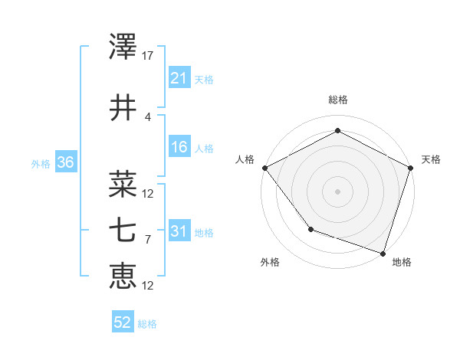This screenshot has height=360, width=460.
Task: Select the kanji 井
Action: (x=123, y=108)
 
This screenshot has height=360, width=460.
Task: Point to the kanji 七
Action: (x=123, y=231)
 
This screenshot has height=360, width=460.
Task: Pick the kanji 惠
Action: (x=123, y=277)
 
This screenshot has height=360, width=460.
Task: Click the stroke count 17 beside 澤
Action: (x=148, y=55)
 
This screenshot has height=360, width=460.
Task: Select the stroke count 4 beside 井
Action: (x=148, y=116)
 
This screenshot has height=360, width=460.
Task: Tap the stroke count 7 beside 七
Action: (x=148, y=239)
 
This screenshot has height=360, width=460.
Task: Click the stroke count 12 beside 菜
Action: (x=148, y=193)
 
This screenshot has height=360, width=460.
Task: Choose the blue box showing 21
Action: (x=179, y=78)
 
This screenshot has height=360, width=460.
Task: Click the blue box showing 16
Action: (x=179, y=147)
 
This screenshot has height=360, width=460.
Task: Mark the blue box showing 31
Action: (x=179, y=231)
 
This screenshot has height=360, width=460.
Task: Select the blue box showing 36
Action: (x=64, y=162)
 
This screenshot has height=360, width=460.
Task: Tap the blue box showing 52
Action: (x=123, y=323)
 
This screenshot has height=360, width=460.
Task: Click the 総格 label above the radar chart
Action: (x=338, y=100)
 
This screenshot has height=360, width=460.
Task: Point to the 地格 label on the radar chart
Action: (x=402, y=262)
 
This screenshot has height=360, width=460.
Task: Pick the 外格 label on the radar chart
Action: (x=270, y=262)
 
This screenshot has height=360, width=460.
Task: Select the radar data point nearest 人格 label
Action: (x=264, y=168)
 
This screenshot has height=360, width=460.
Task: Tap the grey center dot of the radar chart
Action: (x=337, y=191)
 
